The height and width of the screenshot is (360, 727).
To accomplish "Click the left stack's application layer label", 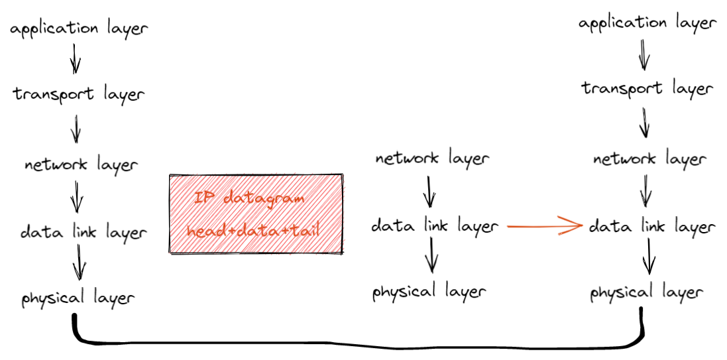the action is pyautogui.click(x=79, y=29).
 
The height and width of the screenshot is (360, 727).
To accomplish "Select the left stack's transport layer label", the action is pyautogui.click(x=78, y=94).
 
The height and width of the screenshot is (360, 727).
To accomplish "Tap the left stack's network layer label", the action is pyautogui.click(x=81, y=164).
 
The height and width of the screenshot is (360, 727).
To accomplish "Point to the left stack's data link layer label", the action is pyautogui.click(x=82, y=232).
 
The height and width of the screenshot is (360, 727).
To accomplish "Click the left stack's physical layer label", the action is pyautogui.click(x=78, y=298).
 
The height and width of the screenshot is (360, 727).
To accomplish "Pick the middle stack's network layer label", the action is pyautogui.click(x=432, y=159).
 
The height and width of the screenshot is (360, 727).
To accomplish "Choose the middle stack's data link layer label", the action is pyautogui.click(x=434, y=226).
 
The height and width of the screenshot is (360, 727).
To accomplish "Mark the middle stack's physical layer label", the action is pyautogui.click(x=429, y=292).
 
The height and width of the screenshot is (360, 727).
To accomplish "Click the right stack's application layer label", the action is pyautogui.click(x=647, y=24).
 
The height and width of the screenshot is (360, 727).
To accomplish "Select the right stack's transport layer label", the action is pyautogui.click(x=647, y=88).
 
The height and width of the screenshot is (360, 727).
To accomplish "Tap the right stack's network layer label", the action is pyautogui.click(x=649, y=160).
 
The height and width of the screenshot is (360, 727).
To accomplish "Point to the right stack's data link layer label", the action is pyautogui.click(x=652, y=227).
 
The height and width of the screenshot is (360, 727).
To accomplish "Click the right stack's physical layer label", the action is pyautogui.click(x=646, y=292).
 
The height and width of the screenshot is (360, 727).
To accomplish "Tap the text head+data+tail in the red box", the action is pyautogui.click(x=254, y=231).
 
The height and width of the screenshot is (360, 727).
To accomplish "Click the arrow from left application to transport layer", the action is pyautogui.click(x=76, y=58).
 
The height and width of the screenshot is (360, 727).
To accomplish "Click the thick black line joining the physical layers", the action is pyautogui.click(x=358, y=344).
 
